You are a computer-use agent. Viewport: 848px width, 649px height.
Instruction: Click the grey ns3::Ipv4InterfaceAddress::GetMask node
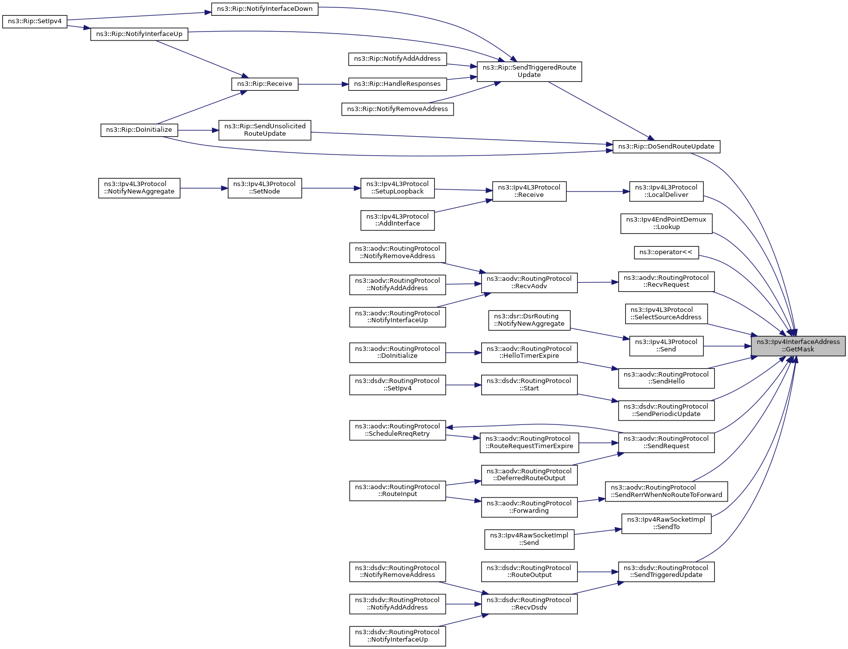click(798, 346)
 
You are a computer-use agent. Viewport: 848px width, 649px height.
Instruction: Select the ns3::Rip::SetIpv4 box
click(35, 22)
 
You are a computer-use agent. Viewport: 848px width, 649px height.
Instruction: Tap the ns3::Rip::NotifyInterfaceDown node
click(265, 9)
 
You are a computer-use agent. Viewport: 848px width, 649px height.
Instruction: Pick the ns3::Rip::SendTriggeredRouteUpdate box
click(529, 72)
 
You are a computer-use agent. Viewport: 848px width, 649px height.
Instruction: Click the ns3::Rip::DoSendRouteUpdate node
click(666, 147)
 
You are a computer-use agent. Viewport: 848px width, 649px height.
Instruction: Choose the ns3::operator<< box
click(666, 253)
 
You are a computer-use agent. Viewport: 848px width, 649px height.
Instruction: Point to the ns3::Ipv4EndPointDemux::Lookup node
click(666, 224)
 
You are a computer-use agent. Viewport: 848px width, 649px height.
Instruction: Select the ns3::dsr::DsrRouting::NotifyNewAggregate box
click(529, 320)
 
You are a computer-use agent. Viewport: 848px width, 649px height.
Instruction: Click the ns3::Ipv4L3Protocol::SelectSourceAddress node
click(666, 314)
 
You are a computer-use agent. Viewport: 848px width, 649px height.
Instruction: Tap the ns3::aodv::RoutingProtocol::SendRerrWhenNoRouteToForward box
click(666, 492)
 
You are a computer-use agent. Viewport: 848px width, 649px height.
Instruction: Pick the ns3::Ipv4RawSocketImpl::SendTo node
click(666, 524)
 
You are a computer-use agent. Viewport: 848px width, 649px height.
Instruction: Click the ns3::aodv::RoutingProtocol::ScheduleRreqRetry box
click(397, 430)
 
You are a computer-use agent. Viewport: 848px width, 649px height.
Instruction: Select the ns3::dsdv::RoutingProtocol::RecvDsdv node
click(529, 604)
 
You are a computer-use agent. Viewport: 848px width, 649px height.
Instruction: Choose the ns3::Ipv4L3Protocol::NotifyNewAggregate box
click(139, 188)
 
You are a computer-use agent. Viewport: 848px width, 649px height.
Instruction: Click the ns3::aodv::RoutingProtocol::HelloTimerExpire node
click(529, 353)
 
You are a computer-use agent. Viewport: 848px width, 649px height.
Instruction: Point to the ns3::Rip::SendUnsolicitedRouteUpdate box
click(265, 130)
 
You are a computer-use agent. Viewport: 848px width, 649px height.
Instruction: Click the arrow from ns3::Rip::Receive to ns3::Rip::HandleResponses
click(323, 84)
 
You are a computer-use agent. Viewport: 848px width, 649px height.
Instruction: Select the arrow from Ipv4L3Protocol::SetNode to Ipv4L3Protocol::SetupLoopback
click(331, 188)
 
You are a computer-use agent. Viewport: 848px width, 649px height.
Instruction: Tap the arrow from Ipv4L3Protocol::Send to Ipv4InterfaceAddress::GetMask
click(727, 346)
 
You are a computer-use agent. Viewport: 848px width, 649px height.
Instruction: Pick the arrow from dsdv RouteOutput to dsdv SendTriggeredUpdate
click(598, 572)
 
